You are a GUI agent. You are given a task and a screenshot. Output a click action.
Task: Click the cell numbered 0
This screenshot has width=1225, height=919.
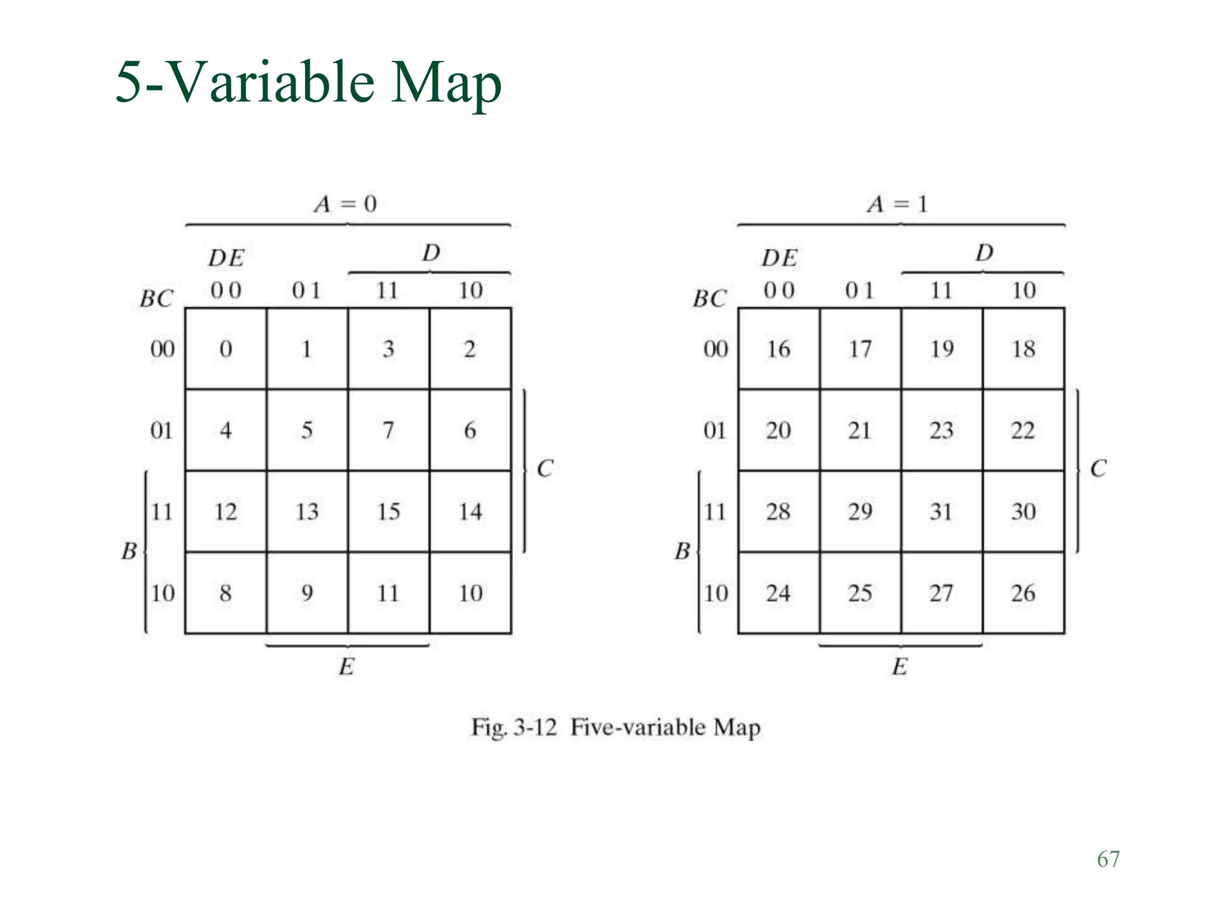[226, 349]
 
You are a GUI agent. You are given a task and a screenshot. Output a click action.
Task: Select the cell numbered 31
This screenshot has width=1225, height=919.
[941, 512]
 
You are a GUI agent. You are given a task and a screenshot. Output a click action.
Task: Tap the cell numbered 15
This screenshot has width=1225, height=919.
[388, 512]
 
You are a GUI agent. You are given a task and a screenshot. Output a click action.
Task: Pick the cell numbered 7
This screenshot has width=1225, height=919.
[388, 430]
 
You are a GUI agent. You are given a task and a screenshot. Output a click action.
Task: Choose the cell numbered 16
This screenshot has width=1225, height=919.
[779, 349]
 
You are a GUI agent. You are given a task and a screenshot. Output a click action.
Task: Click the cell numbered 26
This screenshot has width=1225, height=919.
[1023, 593]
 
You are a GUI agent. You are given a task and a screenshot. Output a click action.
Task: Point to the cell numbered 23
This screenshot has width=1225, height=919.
[941, 430]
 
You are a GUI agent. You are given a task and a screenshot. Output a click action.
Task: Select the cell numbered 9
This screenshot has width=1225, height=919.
[307, 593]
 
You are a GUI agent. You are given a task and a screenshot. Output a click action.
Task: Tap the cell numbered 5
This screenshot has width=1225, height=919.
[307, 430]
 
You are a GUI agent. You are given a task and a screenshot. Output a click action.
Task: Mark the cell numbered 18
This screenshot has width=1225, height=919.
[1023, 349]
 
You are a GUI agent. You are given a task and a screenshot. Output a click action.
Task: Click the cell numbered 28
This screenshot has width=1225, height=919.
[779, 512]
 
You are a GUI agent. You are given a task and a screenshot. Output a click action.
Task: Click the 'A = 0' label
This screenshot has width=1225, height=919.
[346, 204]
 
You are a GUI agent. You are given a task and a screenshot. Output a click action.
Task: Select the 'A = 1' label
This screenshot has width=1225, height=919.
[898, 204]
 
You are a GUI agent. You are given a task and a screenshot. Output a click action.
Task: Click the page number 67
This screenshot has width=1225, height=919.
[1108, 859]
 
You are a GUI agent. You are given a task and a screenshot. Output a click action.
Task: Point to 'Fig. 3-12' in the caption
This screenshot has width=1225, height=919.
[514, 728]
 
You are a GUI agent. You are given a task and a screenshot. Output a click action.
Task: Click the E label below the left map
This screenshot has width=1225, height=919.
[347, 667]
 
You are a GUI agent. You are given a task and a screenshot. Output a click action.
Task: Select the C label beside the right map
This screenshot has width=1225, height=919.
[1098, 468]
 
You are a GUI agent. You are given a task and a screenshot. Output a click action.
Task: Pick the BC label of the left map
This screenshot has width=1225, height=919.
[157, 299]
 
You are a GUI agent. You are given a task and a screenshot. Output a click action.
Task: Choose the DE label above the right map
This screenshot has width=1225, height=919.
[779, 258]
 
